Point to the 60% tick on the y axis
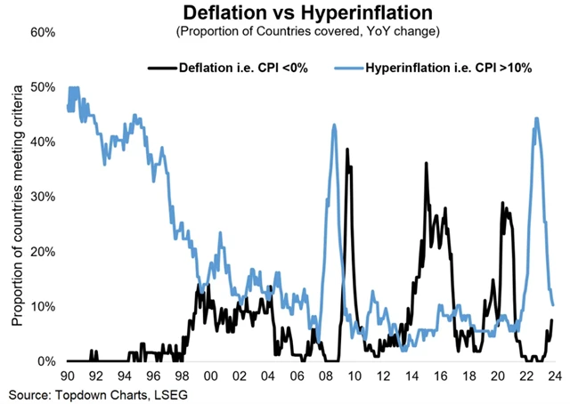(x=44, y=32)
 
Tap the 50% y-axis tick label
(x=44, y=87)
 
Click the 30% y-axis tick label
(x=44, y=197)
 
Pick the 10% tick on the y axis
(x=44, y=307)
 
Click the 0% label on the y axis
(x=47, y=361)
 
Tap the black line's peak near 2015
(x=427, y=164)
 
